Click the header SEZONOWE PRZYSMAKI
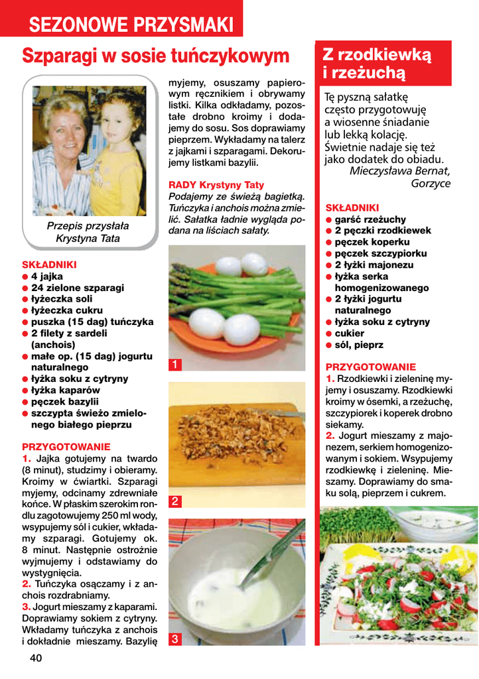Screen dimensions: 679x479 pos(131,25)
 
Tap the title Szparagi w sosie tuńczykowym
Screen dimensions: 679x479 pos(156,56)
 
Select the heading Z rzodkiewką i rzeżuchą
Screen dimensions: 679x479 pos(377,63)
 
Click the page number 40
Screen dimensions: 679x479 pos(35,658)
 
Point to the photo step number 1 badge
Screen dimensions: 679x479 pos(174,365)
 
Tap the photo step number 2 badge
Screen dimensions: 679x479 pos(174,502)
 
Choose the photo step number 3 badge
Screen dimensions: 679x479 pos(174,639)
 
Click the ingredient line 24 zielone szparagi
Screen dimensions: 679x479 pos(77,288)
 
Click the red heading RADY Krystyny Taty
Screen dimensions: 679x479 pos(216,185)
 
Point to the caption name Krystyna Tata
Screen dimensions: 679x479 pos(88,238)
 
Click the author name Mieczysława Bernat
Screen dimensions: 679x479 pos(399,171)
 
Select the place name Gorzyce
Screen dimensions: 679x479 pos(431,184)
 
